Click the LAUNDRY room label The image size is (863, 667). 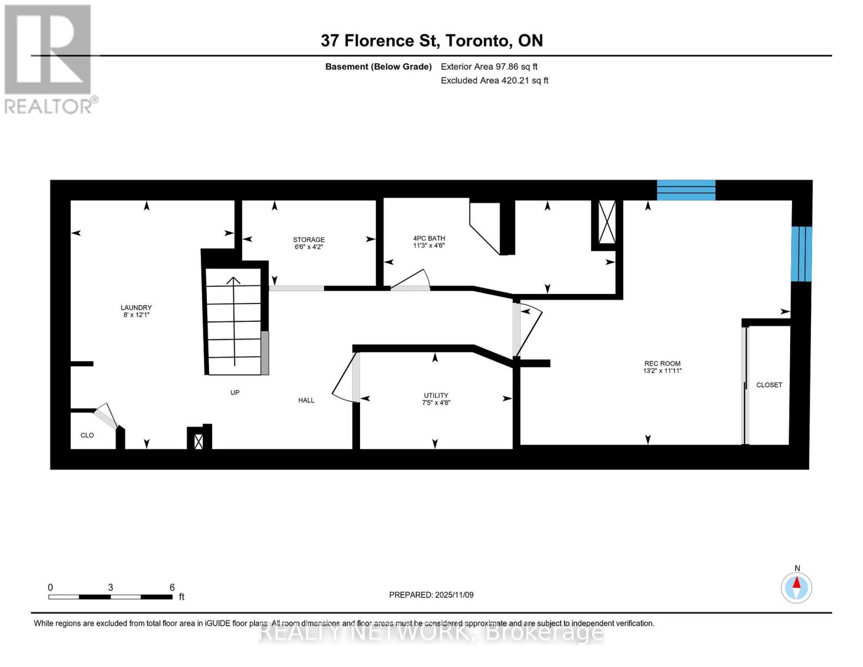136,307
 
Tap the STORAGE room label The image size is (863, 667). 308,240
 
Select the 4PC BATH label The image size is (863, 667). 429,238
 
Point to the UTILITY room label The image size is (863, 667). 436,395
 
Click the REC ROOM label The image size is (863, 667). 662,364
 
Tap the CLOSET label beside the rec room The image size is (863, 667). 769,385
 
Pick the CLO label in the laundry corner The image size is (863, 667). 87,435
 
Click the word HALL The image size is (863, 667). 306,400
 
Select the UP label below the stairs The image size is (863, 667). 235,392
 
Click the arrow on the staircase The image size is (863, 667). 234,321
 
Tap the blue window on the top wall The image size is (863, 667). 686,190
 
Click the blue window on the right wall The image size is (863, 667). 801,254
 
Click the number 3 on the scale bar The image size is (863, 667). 111,587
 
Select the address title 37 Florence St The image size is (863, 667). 380,41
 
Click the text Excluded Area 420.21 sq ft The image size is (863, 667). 495,81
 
